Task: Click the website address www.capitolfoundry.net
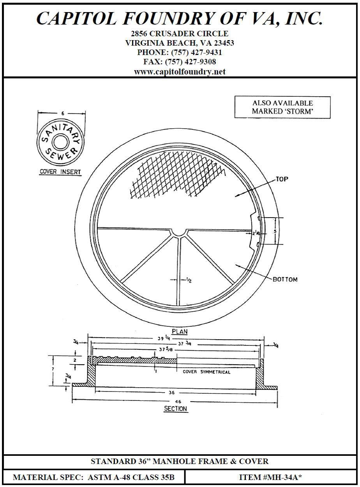pyautogui.click(x=180, y=72)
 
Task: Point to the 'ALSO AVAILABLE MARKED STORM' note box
pyautogui.click(x=282, y=107)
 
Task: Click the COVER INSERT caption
pyautogui.click(x=60, y=172)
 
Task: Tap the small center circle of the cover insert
pyautogui.click(x=60, y=142)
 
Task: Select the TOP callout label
pyautogui.click(x=282, y=179)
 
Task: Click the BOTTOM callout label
pyautogui.click(x=285, y=280)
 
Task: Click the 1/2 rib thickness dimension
pyautogui.click(x=189, y=280)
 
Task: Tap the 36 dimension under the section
pyautogui.click(x=172, y=393)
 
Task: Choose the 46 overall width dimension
pyautogui.click(x=178, y=401)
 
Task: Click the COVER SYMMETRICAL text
pyautogui.click(x=206, y=372)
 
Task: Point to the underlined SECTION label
pyautogui.click(x=175, y=409)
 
